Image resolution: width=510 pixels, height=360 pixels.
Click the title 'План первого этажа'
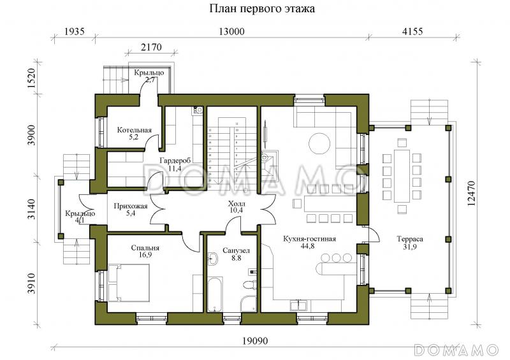262,10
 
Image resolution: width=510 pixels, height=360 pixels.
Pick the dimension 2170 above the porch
152,47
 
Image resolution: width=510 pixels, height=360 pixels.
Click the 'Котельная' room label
134,131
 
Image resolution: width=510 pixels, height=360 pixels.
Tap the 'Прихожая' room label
131,206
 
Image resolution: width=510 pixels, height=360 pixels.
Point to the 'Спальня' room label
145,247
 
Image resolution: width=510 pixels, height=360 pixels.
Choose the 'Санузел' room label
231,251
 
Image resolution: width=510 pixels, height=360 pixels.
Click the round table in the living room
319,143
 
